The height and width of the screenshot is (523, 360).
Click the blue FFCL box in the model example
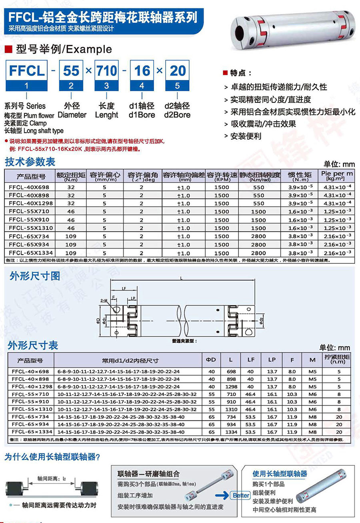(x=26, y=71)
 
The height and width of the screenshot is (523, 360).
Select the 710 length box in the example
(x=107, y=71)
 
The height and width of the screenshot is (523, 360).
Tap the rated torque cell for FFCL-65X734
(x=71, y=236)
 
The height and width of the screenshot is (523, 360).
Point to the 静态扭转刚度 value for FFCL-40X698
(x=258, y=187)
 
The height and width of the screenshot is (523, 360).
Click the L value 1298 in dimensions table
(x=231, y=387)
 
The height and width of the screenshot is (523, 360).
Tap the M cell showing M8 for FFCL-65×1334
(x=312, y=432)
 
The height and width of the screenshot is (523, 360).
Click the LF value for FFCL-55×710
(x=251, y=395)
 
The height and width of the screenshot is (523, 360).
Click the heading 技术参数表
(x=30, y=162)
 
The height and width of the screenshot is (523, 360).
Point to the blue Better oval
(x=241, y=495)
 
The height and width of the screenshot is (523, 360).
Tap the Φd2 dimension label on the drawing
(x=262, y=320)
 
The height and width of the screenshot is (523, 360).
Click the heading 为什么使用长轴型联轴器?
(x=52, y=457)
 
